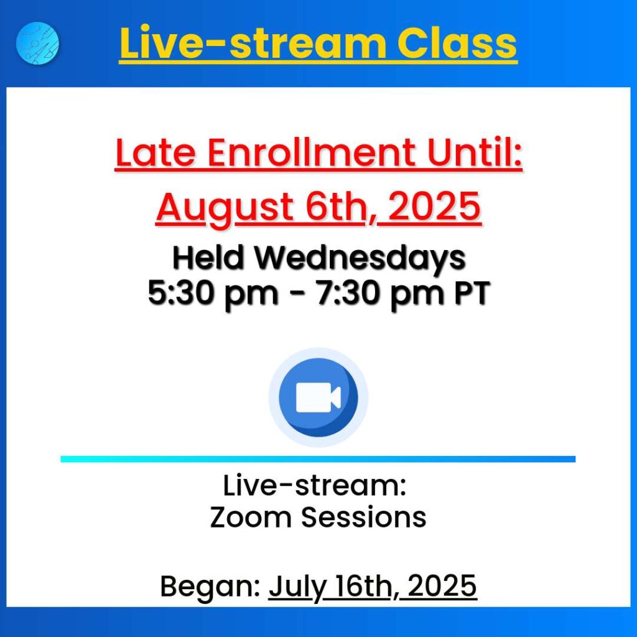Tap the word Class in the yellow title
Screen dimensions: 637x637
tap(457, 44)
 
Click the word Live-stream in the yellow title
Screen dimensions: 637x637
tap(253, 44)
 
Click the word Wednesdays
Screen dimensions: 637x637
tap(360, 259)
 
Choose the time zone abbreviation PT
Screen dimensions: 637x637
tap(472, 292)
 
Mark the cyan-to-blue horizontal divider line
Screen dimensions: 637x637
tap(318, 459)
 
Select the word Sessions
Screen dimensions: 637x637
tap(363, 517)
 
